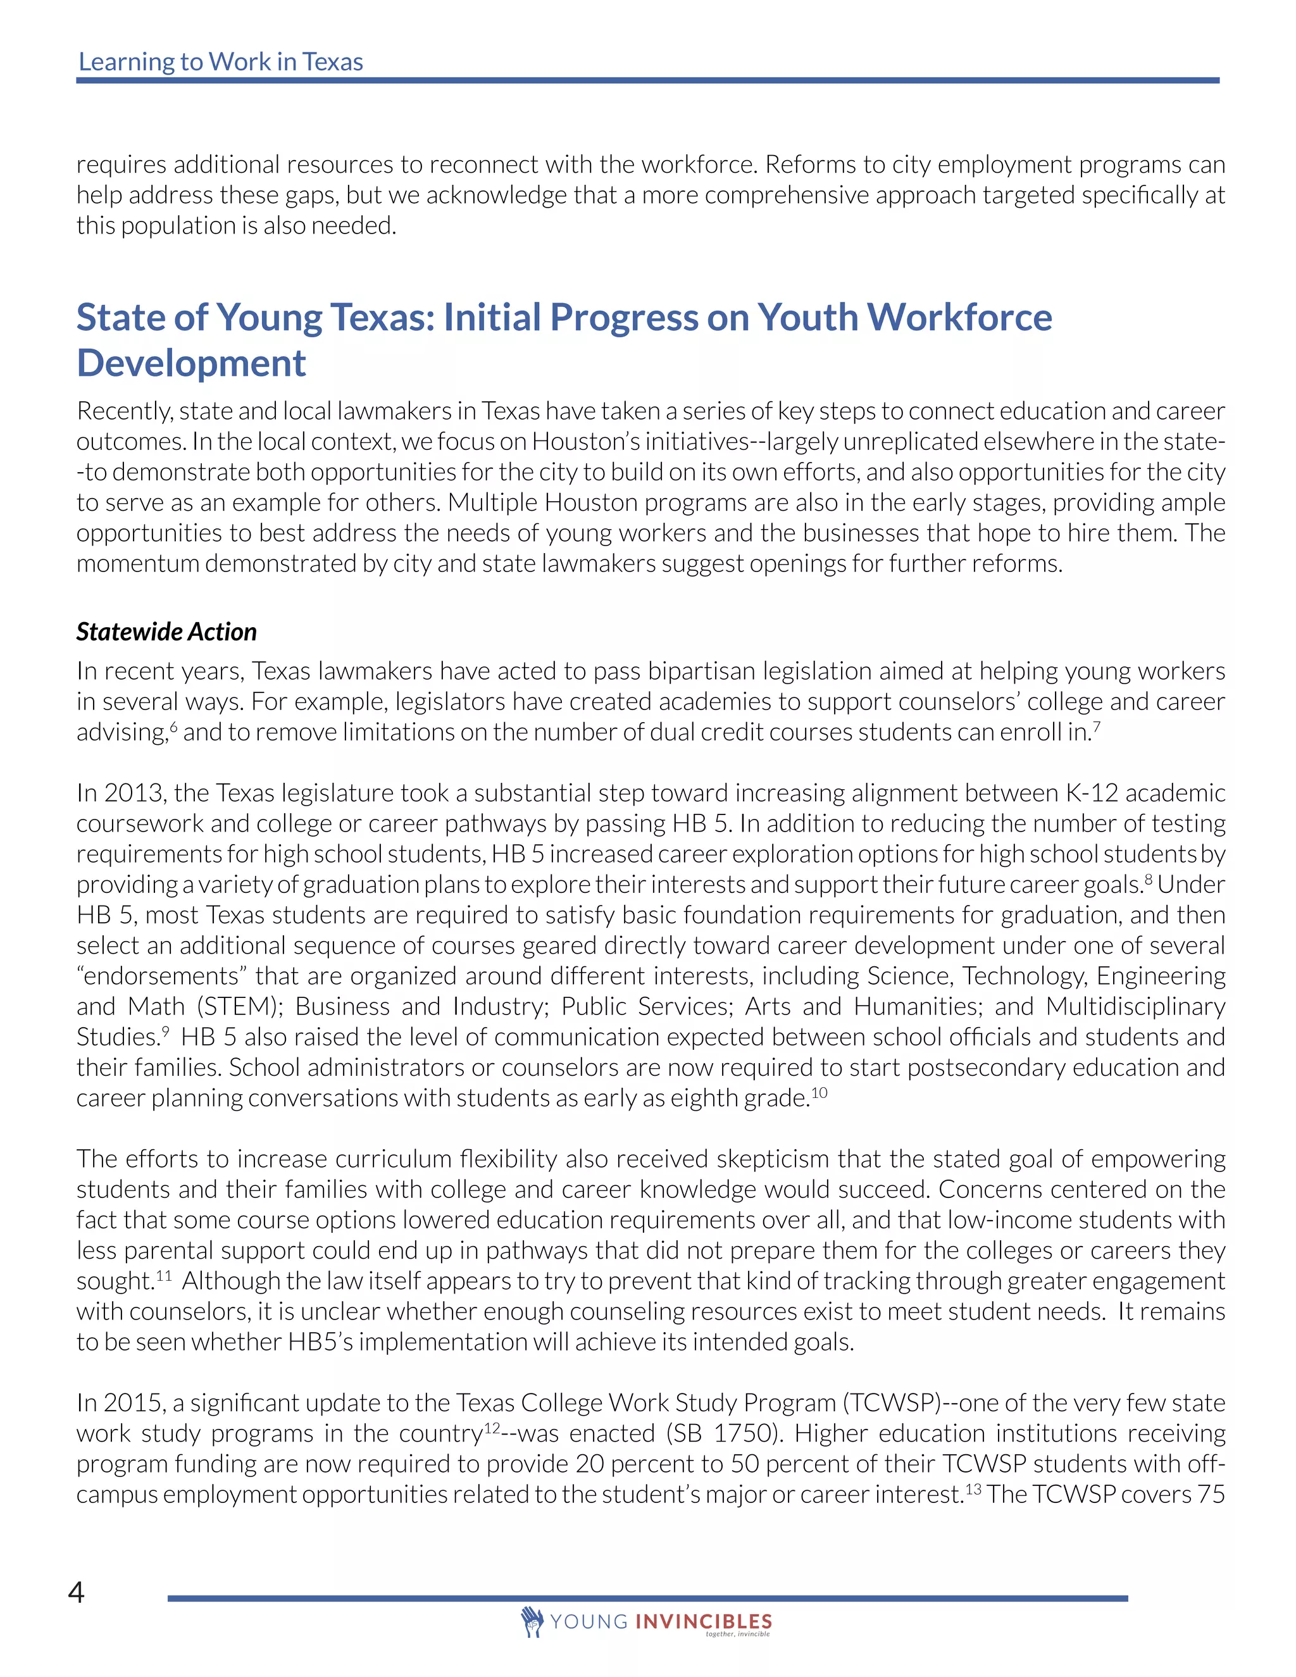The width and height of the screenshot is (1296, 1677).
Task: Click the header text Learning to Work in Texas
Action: click(220, 61)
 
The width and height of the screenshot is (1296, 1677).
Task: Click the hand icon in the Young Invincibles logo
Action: click(532, 1621)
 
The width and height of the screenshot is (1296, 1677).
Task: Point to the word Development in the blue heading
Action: click(191, 363)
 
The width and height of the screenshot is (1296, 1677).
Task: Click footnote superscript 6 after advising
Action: click(173, 726)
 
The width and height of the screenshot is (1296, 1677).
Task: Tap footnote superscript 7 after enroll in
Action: click(1097, 726)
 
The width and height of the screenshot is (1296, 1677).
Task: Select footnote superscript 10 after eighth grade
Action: click(819, 1091)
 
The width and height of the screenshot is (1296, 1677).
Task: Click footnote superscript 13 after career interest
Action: click(973, 1488)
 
